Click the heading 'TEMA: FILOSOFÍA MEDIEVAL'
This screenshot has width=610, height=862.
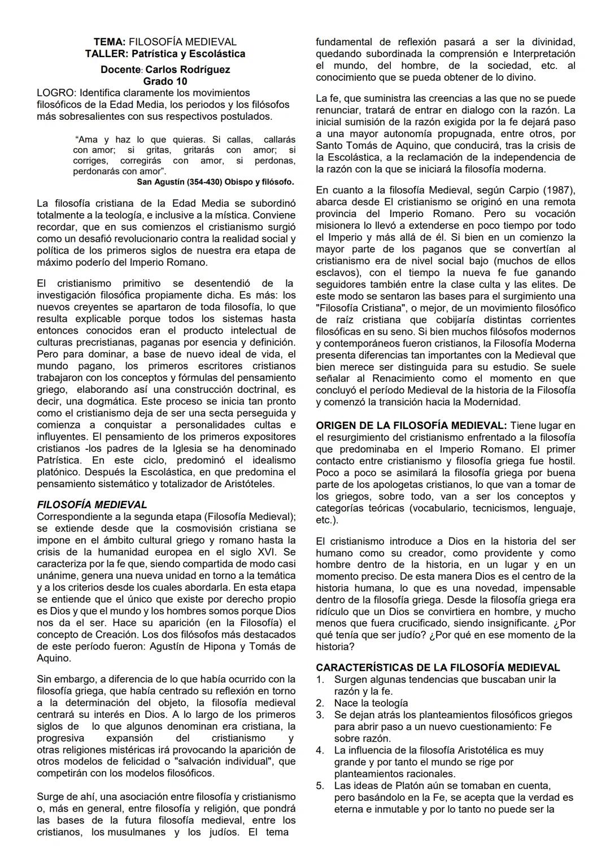click(x=164, y=42)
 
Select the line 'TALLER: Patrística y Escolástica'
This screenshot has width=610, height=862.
click(x=164, y=54)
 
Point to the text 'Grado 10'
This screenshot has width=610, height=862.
click(x=165, y=81)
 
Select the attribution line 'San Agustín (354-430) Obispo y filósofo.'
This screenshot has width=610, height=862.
click(x=215, y=181)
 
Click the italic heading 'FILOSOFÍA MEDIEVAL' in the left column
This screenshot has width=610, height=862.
click(x=91, y=505)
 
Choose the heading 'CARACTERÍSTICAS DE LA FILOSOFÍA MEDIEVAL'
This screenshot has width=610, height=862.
click(x=438, y=668)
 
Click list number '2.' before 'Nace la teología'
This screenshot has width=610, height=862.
click(x=320, y=703)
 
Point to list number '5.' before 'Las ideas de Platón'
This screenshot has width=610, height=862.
click(x=320, y=786)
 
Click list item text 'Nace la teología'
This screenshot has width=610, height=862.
click(x=371, y=703)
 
